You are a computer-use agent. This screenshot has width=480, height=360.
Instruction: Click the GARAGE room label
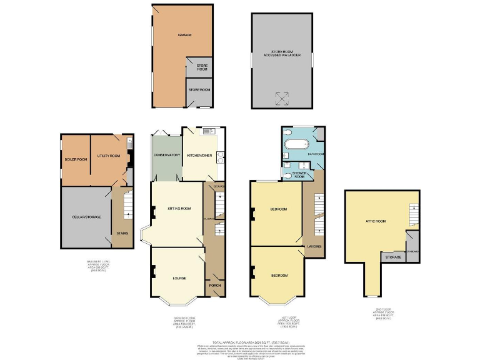point(184,35)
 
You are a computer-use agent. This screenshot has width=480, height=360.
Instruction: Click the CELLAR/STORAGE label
point(86,217)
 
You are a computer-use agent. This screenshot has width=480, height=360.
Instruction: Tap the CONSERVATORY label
point(166,155)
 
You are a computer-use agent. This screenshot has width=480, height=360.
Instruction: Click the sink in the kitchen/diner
point(208,132)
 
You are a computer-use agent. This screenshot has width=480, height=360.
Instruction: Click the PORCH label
point(214,286)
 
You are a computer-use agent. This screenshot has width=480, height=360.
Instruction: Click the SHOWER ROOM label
point(302,174)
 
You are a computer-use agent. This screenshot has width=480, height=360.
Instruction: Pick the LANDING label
point(315,246)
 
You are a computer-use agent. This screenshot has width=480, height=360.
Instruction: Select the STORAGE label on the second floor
point(392,257)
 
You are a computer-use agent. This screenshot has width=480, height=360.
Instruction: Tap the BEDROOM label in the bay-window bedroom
point(279,276)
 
